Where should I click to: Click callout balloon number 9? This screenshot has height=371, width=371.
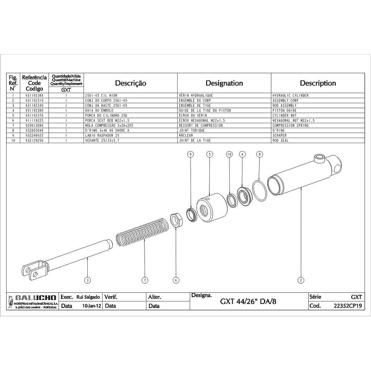191,154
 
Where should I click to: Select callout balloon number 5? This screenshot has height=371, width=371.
210,154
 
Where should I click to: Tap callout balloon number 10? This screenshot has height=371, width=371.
229,154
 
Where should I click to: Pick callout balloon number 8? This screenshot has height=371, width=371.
259,154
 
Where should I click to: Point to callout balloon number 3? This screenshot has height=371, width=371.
88,280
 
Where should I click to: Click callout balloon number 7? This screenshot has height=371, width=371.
145,280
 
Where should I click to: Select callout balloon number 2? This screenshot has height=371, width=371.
301,280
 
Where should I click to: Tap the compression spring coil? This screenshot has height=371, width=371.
143,232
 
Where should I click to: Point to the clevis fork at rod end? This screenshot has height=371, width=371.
35,270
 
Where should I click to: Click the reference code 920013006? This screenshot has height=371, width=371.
34,125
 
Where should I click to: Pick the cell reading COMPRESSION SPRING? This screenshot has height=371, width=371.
291,125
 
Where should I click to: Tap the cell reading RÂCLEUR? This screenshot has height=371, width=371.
186,136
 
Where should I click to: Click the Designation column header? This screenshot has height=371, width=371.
224,83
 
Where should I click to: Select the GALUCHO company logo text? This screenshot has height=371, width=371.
36,298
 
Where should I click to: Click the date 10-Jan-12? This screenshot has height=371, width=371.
92,306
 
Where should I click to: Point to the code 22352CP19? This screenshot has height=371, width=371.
347,306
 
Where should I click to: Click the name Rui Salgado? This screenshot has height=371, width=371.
88,297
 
